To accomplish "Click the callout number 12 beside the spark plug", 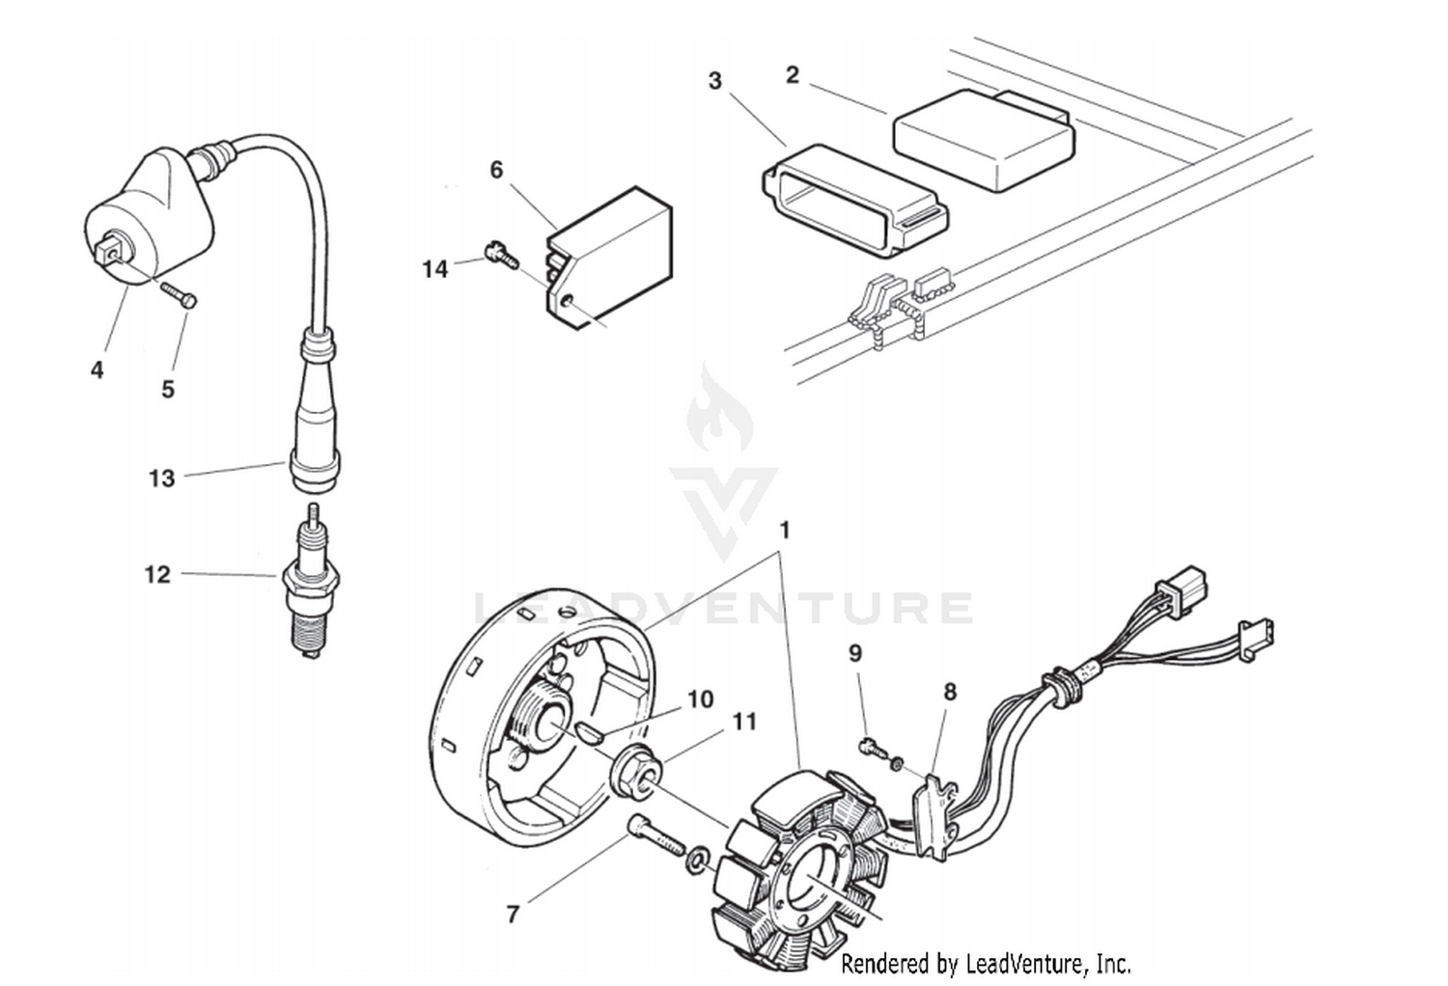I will point(157,575).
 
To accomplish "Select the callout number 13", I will point(161,479).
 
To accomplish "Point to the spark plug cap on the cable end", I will point(316,415).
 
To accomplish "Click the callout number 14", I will point(434,269).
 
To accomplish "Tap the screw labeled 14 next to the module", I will point(502,255).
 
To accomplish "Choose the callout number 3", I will point(714,80).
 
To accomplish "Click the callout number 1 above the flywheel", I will point(785,531).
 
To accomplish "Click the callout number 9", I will point(854,653).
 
